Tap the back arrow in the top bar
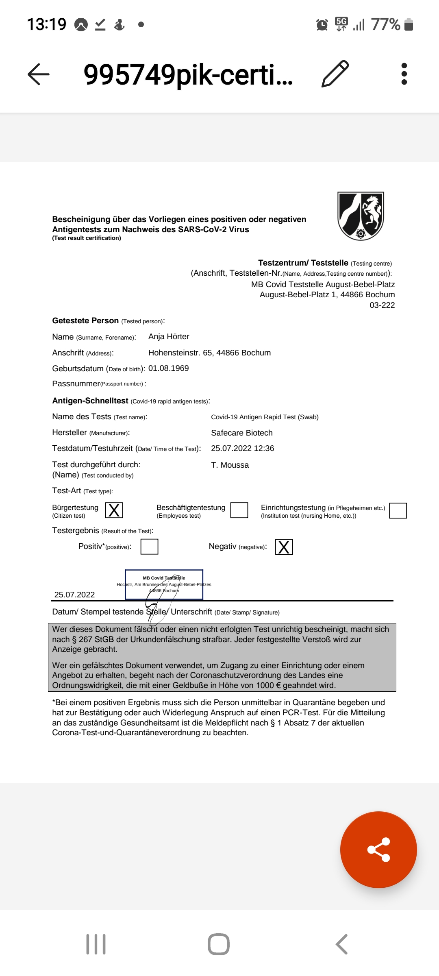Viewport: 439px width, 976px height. coord(39,74)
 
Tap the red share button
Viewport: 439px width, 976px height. coord(378,850)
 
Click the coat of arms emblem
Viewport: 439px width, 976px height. coord(361,216)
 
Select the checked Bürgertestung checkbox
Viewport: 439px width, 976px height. coord(114,510)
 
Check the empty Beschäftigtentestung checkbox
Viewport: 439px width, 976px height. coord(239,510)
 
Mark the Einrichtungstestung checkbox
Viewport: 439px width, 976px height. coord(398,510)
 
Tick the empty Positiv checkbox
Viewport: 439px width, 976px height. coord(149,547)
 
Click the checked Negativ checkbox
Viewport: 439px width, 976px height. coord(284,547)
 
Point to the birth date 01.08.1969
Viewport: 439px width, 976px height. coord(169,368)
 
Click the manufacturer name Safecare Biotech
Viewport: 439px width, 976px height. coord(242,433)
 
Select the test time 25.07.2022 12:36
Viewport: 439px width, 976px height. coord(243,448)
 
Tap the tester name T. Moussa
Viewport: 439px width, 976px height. coord(230,465)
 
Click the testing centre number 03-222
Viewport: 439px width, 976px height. coord(382,305)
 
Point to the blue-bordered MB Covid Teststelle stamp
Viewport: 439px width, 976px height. coord(164,584)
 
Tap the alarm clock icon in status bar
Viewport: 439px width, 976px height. coord(322,25)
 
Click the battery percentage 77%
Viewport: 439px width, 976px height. coord(385,24)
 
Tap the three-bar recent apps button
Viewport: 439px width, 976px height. coord(96,944)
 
